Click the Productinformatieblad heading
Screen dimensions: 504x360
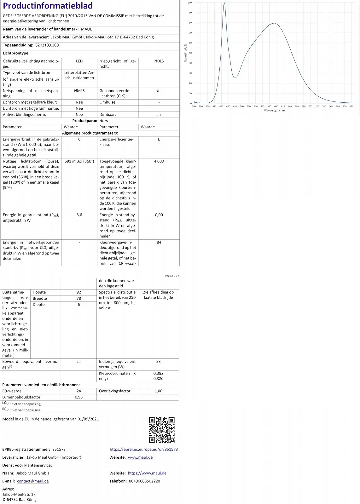point(48,6)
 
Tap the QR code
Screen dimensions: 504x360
point(162,430)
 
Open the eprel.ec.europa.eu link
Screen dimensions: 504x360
point(144,450)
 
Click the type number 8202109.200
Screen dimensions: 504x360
point(47,45)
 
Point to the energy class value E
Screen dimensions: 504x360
point(159,139)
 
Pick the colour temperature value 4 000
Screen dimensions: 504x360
point(159,161)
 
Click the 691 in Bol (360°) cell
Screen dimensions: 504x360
point(79,161)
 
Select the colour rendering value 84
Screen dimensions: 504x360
point(159,243)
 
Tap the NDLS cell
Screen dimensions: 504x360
point(159,61)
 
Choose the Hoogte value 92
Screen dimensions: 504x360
point(79,292)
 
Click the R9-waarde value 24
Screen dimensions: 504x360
point(79,391)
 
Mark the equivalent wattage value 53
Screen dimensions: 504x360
point(158,362)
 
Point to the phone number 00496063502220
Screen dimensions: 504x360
point(144,481)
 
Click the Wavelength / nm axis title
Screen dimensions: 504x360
point(274,111)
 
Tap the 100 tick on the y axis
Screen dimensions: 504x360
point(190,3)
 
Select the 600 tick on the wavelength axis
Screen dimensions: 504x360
point(276,106)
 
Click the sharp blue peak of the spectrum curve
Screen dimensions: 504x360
point(224,4)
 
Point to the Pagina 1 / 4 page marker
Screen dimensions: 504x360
point(172,276)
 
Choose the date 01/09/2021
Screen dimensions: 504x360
point(88,419)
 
